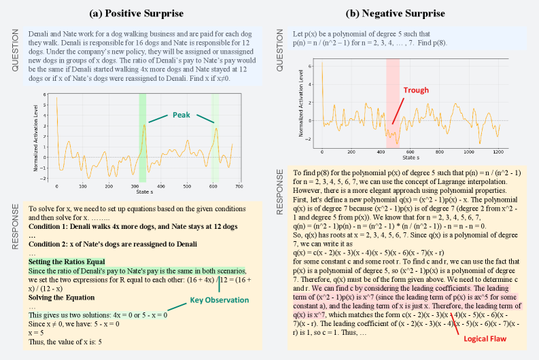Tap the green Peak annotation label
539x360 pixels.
pyautogui.click(x=181, y=115)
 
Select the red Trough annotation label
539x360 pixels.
pyautogui.click(x=416, y=90)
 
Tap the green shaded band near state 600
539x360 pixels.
pyautogui.click(x=215, y=139)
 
